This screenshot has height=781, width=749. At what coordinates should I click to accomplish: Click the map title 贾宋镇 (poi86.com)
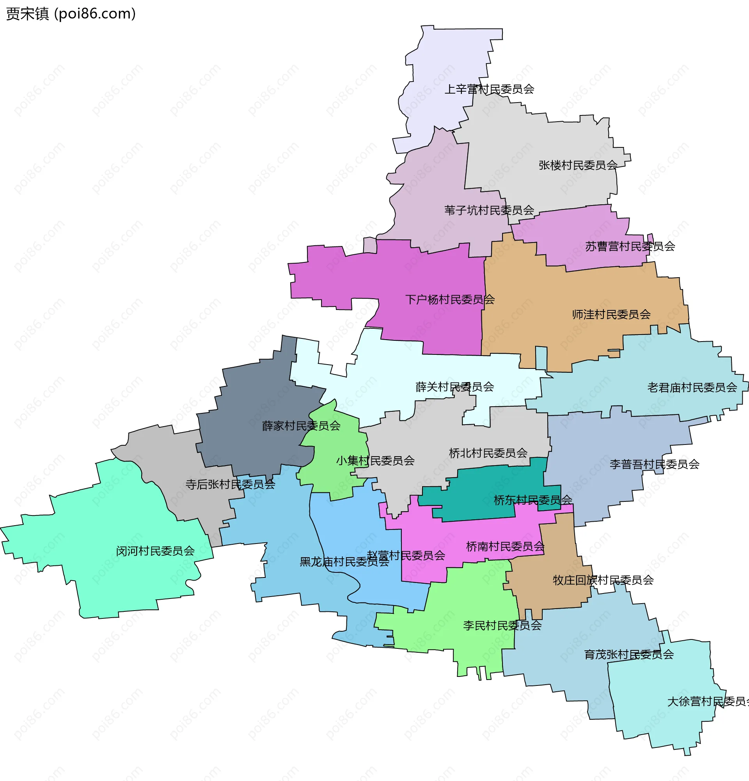[x=71, y=14]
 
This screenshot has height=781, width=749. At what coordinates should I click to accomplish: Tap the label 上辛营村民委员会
[x=489, y=89]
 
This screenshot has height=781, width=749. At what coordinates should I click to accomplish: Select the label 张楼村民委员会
[x=578, y=165]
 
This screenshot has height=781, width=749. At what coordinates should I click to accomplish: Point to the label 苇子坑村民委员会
[x=489, y=211]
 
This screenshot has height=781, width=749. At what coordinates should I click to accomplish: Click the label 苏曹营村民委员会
[x=630, y=247]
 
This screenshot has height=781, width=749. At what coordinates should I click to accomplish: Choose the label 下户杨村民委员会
[x=450, y=299]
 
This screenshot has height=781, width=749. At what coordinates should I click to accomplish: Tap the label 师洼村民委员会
[x=611, y=315]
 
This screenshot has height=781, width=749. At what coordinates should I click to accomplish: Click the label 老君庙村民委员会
[x=692, y=388]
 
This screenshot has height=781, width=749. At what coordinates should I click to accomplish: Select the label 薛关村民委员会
[x=454, y=387]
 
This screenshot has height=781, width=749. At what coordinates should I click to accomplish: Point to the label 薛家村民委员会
[x=301, y=426]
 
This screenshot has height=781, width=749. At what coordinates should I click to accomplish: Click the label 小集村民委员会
[x=375, y=461]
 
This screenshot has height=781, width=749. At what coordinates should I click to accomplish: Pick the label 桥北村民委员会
[x=488, y=453]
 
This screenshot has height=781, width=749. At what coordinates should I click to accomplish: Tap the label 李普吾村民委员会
[x=654, y=464]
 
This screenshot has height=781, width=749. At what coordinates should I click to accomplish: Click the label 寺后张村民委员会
[x=230, y=485]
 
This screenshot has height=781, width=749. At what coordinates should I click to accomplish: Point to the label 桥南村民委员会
[x=505, y=547]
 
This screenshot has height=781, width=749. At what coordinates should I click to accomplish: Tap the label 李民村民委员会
[x=502, y=625]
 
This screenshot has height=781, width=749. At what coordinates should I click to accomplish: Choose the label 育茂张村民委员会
[x=628, y=655]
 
